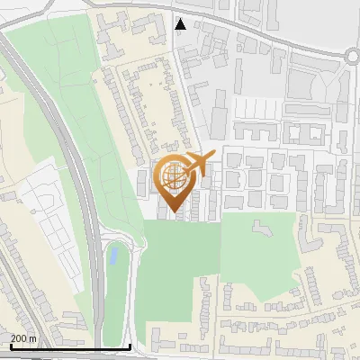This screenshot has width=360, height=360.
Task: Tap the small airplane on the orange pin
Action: [x=199, y=164]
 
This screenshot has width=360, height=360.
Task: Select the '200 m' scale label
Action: [x=23, y=338]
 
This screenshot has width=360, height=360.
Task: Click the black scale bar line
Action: [x=70, y=346]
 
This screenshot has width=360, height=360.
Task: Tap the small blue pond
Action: [x=112, y=256]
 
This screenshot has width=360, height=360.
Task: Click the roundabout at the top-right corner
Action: [x=353, y=56]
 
